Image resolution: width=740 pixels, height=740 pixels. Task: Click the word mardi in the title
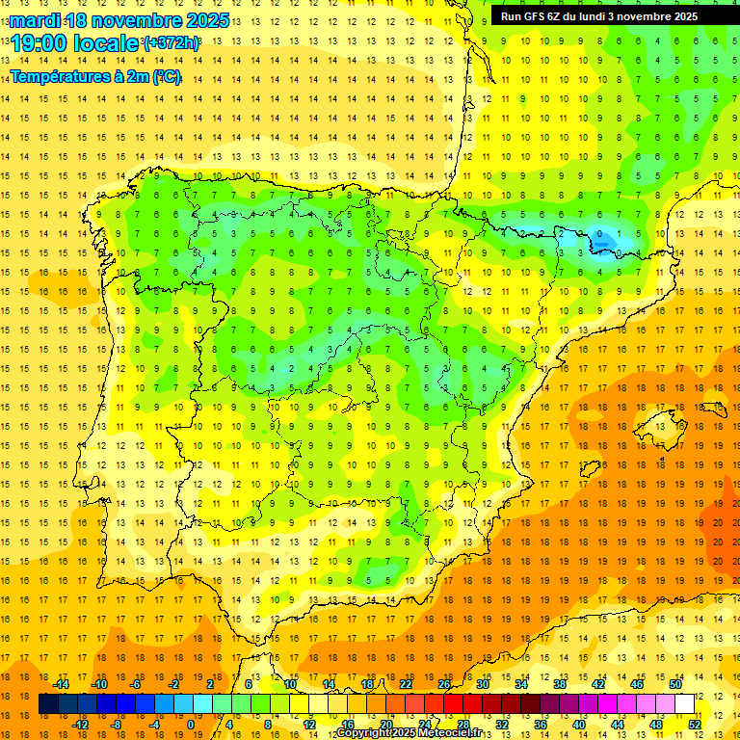pos(35,20)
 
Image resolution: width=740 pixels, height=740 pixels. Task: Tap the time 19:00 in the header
pos(40,43)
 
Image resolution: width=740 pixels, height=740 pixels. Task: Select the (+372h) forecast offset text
pos(172,43)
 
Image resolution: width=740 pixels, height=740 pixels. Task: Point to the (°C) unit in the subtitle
pos(166,76)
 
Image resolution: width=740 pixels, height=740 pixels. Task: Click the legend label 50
pos(675,684)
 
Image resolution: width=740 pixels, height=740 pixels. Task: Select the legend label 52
pos(695,725)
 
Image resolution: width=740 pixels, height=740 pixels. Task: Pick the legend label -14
pos(61,684)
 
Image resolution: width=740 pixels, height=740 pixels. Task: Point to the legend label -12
pos(80,725)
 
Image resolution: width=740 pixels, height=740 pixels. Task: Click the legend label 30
pos(483,684)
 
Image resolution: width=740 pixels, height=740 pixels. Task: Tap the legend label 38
pos(560,684)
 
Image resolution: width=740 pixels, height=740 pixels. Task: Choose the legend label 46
pos(637,684)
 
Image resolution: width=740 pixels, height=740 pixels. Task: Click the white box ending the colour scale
pos(685,704)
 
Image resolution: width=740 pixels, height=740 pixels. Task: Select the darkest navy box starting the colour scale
pos(48,704)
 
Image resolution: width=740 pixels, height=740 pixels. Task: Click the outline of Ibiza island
pos(587,467)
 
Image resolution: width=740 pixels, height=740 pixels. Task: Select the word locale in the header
pos(107,43)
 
